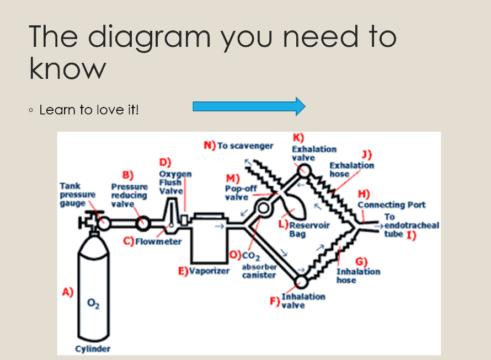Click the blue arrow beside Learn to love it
[249, 106]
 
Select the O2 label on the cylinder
[93, 303]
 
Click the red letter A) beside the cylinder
[68, 292]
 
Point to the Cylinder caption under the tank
[93, 348]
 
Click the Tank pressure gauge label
[77, 195]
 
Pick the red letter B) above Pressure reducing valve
[128, 175]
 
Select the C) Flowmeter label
[152, 241]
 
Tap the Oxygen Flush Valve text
[175, 182]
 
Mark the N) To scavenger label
[239, 146]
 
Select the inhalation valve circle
[301, 281]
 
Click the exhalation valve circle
[302, 171]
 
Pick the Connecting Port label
[391, 205]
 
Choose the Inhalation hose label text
[359, 275]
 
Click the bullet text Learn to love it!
[89, 110]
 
